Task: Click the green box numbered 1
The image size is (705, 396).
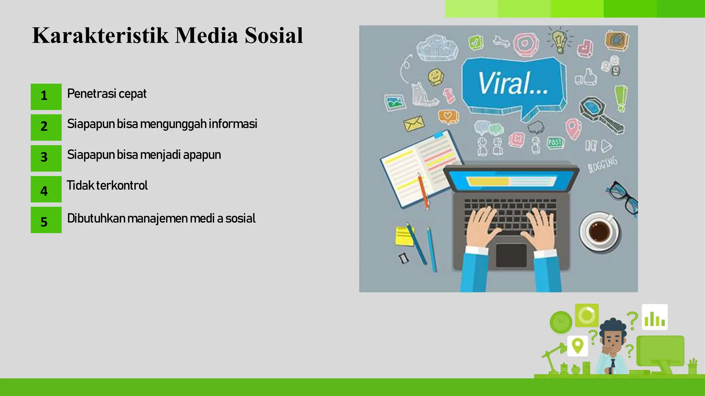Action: [46, 97]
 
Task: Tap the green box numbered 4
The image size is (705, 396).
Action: [46, 189]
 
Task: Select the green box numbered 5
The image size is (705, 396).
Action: [46, 220]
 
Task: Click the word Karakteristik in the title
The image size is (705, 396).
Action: [100, 35]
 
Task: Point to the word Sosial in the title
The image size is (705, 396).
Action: [274, 35]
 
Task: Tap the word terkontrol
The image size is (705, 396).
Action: [122, 186]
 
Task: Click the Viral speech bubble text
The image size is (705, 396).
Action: [513, 84]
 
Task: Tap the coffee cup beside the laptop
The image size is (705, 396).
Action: [599, 231]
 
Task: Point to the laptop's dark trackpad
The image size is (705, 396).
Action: [511, 255]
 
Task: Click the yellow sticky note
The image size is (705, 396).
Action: [404, 236]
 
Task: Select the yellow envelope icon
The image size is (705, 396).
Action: [413, 123]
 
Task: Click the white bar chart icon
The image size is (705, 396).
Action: [654, 317]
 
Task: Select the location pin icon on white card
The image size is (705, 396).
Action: [577, 345]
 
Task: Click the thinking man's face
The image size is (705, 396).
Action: [613, 339]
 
